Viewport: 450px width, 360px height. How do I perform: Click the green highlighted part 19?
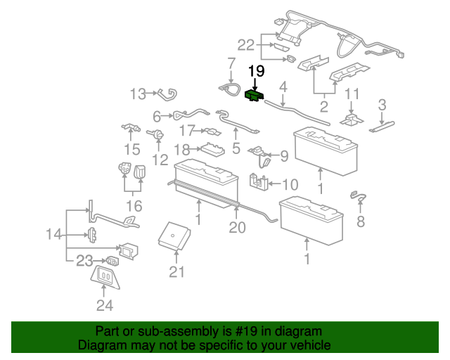254,96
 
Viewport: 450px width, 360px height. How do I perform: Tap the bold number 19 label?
256,71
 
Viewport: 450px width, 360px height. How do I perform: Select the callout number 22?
245,44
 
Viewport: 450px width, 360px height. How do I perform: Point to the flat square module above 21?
172,235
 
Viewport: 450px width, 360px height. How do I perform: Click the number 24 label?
105,305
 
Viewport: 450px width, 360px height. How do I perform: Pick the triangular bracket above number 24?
105,276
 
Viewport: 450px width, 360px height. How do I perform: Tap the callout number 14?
54,235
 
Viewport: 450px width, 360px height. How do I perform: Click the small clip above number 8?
359,195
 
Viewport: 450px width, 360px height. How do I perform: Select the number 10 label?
290,185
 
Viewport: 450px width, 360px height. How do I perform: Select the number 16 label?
134,206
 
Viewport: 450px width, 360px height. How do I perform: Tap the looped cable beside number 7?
229,87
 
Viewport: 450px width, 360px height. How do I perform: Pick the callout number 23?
85,261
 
